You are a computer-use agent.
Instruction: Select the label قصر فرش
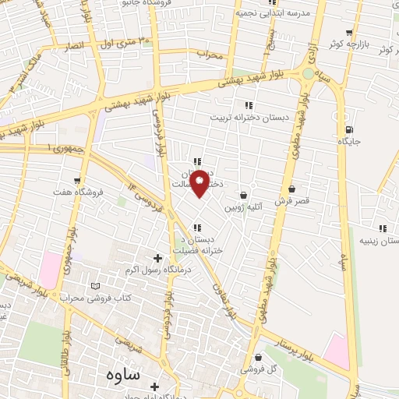click(x=292, y=200)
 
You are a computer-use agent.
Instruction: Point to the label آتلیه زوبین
click(x=245, y=208)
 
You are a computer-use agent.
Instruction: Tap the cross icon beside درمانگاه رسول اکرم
click(x=157, y=258)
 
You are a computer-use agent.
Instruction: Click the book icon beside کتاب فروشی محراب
click(x=96, y=287)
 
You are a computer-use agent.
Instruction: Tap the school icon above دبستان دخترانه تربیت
click(x=249, y=104)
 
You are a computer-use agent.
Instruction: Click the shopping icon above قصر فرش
click(x=292, y=189)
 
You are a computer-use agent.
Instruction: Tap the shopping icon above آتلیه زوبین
click(x=245, y=195)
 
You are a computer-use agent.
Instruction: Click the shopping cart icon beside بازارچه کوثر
click(x=350, y=32)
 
